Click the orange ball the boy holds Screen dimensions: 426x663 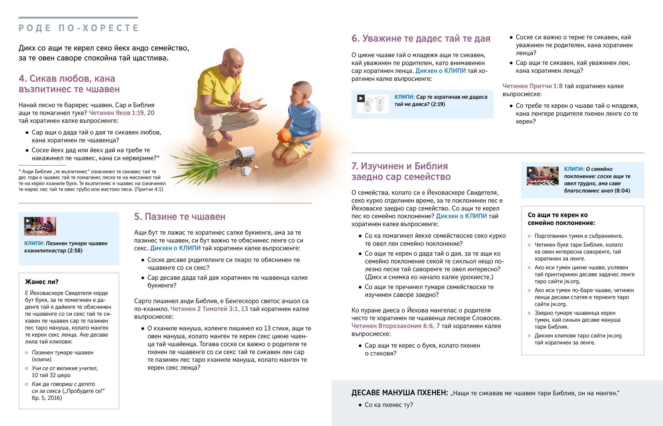click(x=284, y=136)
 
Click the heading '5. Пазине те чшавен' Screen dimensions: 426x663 click(x=180, y=216)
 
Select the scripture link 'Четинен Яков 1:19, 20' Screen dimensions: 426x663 click(x=122, y=113)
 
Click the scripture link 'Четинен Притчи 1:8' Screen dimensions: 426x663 click(x=532, y=86)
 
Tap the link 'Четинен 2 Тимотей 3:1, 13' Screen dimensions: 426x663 click(x=209, y=309)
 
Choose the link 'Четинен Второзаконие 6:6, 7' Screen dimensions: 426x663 click(x=395, y=326)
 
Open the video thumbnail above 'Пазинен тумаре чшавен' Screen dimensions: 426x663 click(x=40, y=226)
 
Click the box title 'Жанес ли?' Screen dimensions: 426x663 click(x=42, y=282)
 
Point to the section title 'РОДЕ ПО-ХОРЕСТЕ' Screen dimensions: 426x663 click(x=78, y=28)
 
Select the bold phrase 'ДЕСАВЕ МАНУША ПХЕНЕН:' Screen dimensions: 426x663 click(x=399, y=393)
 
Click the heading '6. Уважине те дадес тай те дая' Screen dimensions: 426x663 click(x=421, y=38)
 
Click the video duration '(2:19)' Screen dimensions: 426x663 click(x=438, y=104)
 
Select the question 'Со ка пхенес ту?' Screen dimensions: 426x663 click(x=388, y=405)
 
